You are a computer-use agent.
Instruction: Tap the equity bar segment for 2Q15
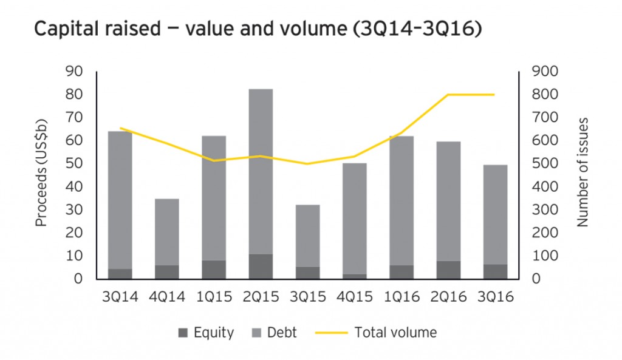[x=261, y=267]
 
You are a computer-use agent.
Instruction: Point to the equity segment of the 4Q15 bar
[x=354, y=276]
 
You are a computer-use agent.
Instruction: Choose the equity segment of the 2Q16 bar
[x=448, y=270]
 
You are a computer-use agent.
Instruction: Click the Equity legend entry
[x=207, y=332]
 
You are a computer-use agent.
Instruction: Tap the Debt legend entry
[x=276, y=332]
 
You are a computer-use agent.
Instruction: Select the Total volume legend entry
[x=376, y=332]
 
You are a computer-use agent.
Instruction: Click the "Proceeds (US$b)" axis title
[x=41, y=175]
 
